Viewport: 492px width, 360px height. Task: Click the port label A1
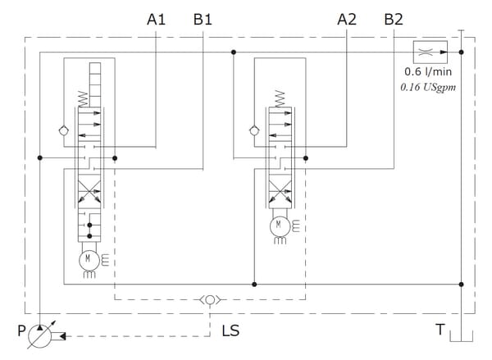pyautogui.click(x=156, y=20)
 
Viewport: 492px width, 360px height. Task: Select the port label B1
pyautogui.click(x=203, y=20)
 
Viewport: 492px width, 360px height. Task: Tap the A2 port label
pyautogui.click(x=347, y=20)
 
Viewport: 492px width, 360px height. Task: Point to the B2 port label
pyautogui.click(x=394, y=20)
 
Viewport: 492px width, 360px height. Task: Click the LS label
pyautogui.click(x=230, y=330)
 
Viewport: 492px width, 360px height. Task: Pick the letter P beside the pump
pyautogui.click(x=21, y=330)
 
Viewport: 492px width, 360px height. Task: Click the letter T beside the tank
pyautogui.click(x=440, y=330)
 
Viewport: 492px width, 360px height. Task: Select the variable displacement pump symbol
pyautogui.click(x=40, y=336)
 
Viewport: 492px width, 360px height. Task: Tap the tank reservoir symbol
pyautogui.click(x=461, y=336)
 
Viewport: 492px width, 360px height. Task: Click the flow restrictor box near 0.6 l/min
pyautogui.click(x=430, y=52)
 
